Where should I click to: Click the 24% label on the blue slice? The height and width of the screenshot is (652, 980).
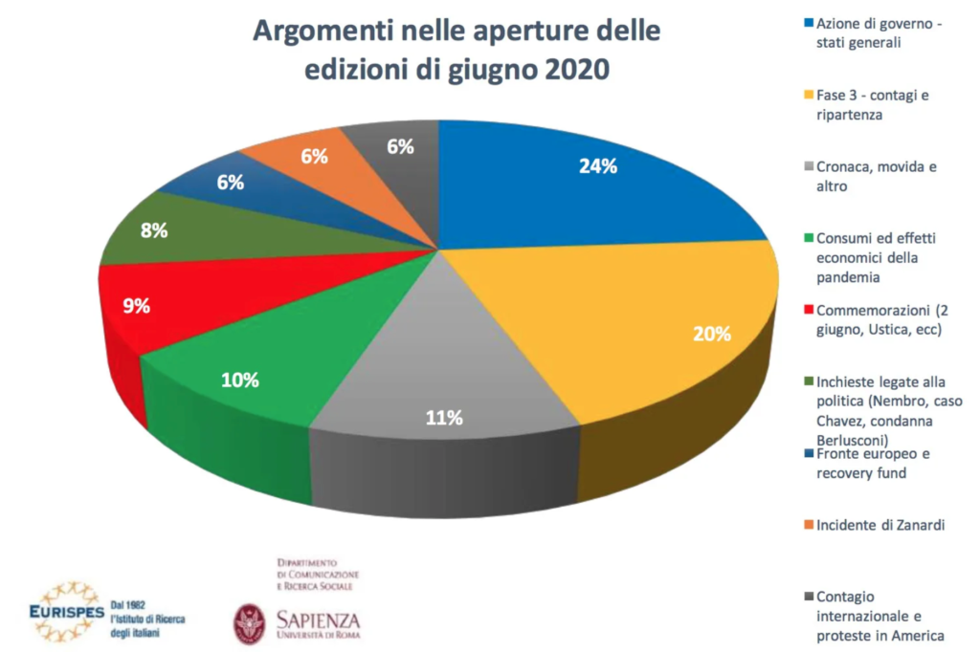[x=597, y=165]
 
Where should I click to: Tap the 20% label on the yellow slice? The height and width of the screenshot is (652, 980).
[x=712, y=334]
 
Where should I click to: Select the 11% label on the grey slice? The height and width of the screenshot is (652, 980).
[x=444, y=417]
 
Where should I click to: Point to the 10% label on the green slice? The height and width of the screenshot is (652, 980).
[x=239, y=380]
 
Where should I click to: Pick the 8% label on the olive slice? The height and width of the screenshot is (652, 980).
[x=154, y=229]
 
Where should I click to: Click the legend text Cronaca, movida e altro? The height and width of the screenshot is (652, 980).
[x=870, y=177]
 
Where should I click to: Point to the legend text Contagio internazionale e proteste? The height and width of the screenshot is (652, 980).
[x=873, y=616]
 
